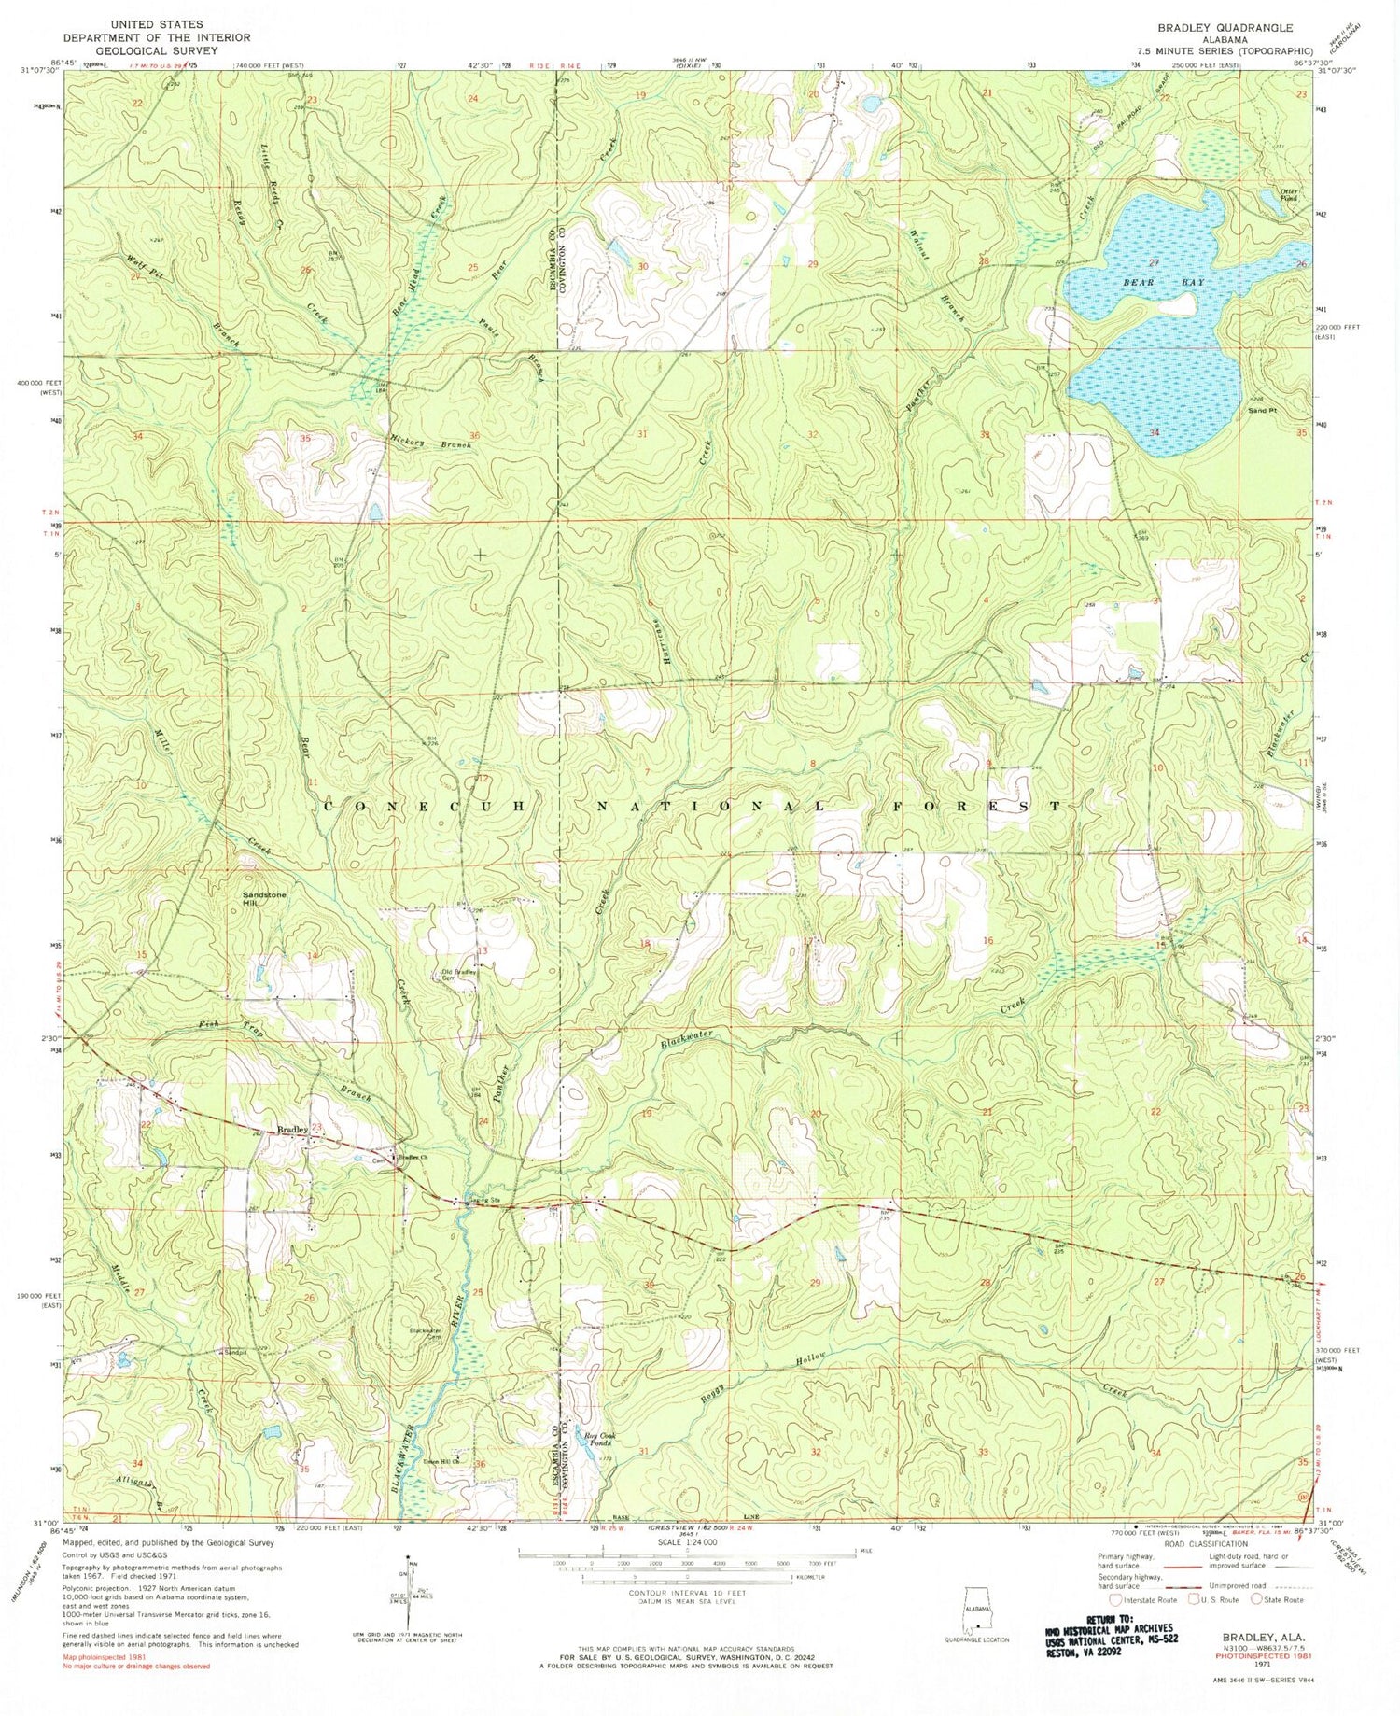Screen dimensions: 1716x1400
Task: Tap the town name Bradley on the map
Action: tap(292, 1130)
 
